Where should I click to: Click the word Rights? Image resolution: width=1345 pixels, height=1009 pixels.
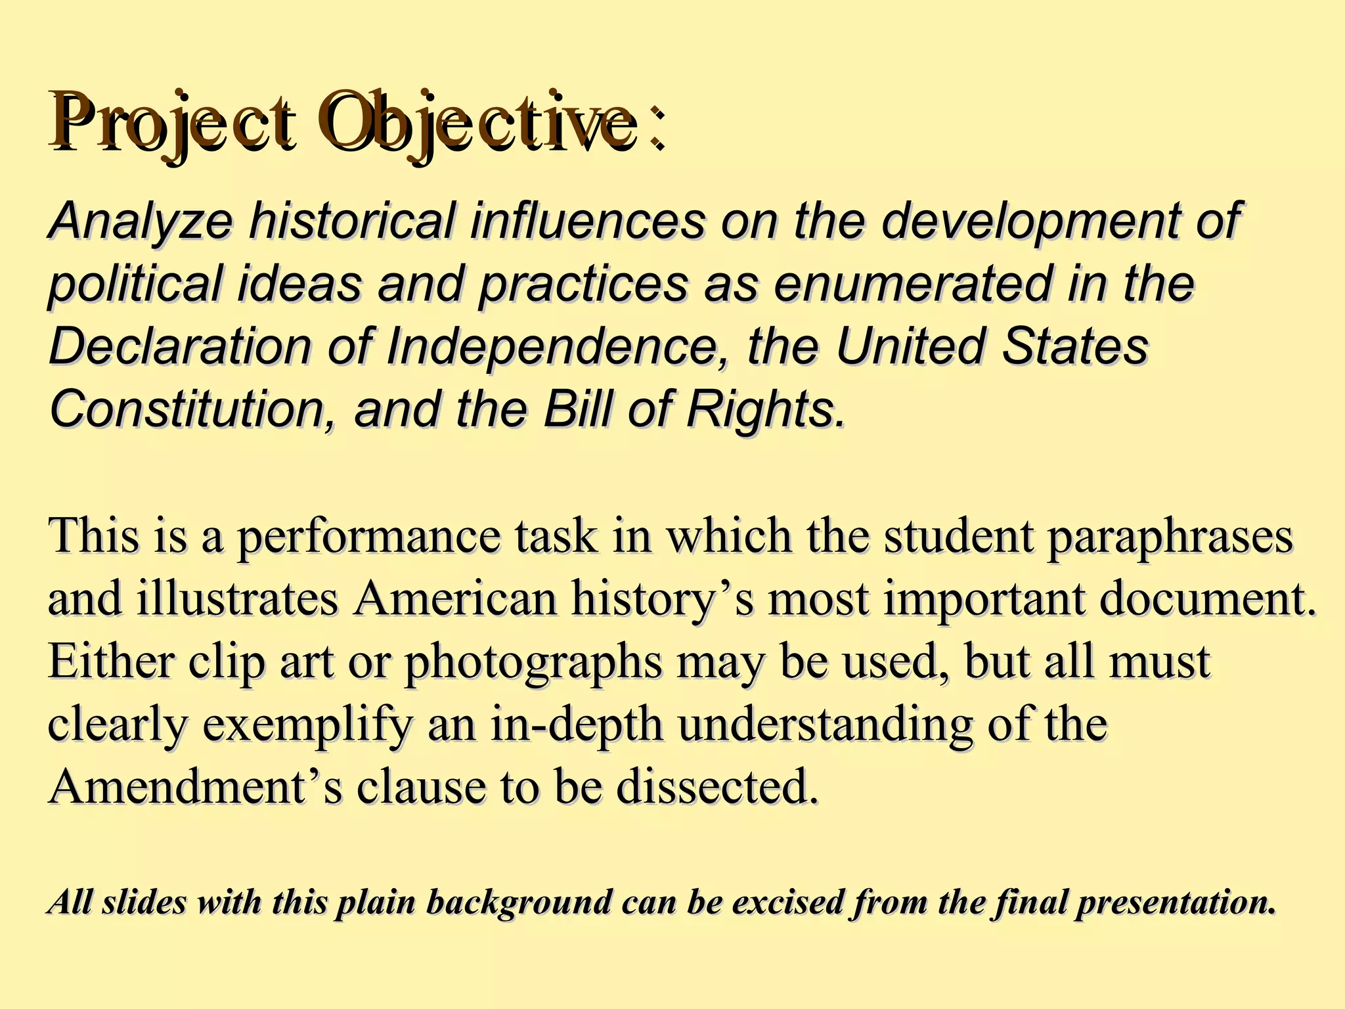pos(765,409)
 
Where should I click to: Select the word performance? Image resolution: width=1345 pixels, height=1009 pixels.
pos(368,536)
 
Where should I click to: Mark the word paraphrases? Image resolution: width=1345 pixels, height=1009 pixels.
pos(1170,536)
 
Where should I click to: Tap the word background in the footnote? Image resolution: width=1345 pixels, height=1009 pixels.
pos(519,903)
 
